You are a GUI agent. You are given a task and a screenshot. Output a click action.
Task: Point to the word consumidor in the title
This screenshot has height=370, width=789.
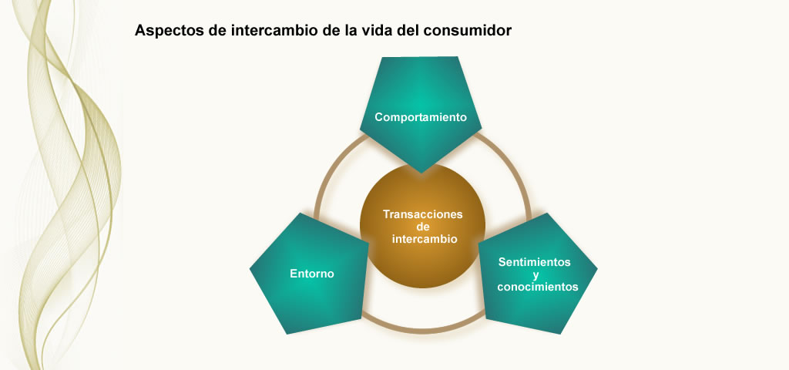point(468,30)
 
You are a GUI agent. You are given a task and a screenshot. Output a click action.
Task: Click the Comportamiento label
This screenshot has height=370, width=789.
point(421,117)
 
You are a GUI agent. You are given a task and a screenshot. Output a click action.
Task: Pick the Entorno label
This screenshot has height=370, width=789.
point(312,274)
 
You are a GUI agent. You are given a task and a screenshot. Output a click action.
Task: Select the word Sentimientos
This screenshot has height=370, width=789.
point(535,262)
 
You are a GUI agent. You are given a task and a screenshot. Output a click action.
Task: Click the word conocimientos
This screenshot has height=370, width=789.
point(537,287)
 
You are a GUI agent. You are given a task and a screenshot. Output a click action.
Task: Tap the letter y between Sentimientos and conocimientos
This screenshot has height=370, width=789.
point(536,275)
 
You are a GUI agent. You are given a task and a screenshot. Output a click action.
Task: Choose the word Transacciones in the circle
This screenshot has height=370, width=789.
point(423,214)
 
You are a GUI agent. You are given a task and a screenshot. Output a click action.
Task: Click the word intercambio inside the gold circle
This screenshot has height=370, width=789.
point(425,239)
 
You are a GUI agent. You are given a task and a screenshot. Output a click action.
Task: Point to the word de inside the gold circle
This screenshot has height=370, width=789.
point(423,227)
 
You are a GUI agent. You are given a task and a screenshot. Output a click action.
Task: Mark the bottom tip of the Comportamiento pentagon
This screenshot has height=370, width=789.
point(421,173)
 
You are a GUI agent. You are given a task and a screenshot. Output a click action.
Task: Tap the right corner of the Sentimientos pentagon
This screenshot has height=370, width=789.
point(597,268)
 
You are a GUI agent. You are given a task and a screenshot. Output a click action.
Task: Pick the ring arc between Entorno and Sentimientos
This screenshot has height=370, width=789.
point(423,331)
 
